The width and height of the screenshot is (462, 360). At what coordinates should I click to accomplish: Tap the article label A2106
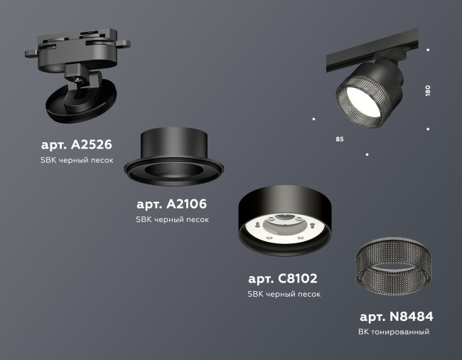pos(172,204)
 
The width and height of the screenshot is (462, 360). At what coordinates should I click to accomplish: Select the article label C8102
pos(283,278)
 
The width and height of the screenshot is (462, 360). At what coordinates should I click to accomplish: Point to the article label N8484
pos(396,317)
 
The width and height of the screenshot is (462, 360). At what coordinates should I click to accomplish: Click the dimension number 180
pos(427,91)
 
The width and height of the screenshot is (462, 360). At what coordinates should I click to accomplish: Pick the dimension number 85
pos(339,138)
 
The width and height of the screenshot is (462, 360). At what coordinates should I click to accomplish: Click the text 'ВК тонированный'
pos(394,332)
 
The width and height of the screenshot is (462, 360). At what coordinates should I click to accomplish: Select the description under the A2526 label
pos(77,160)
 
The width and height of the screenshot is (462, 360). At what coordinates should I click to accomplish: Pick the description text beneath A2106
pos(172,219)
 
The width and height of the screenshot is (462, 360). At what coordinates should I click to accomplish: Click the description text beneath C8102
pos(283,293)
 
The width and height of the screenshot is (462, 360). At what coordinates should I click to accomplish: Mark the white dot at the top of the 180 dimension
pos(427,50)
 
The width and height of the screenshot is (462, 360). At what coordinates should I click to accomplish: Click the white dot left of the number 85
pos(313,120)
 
